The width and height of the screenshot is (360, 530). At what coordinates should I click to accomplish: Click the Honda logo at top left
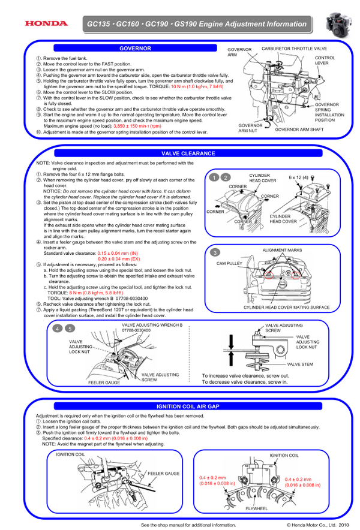click(46, 24)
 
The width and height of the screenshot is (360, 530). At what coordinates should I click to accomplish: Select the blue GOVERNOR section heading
click(134, 48)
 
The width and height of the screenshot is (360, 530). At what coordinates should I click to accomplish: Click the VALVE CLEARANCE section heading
click(188, 153)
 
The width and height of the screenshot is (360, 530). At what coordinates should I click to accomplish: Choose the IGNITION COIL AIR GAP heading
click(188, 406)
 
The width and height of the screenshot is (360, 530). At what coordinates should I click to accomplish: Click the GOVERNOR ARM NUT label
click(250, 127)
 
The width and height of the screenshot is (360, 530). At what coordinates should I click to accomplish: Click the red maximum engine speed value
click(137, 127)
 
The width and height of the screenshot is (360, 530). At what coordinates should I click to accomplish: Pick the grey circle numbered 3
click(215, 252)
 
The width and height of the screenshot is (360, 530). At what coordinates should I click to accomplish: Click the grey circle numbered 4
click(58, 329)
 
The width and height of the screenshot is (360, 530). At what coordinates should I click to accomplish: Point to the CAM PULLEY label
click(230, 263)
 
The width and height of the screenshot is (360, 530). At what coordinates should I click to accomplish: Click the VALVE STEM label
click(299, 364)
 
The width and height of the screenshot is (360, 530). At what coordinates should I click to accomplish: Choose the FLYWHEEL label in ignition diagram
click(257, 507)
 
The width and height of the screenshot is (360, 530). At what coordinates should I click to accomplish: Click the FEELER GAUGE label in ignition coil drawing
click(163, 474)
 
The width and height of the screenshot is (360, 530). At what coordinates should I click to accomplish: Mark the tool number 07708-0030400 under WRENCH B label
click(136, 330)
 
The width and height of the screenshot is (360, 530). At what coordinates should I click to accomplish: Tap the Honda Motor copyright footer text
click(317, 525)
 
